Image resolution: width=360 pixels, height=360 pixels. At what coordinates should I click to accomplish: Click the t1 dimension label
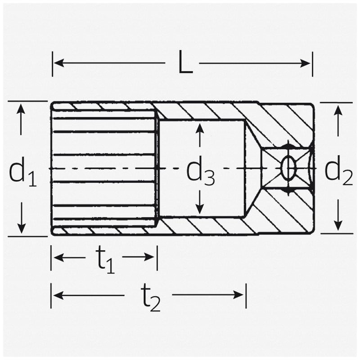105,260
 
